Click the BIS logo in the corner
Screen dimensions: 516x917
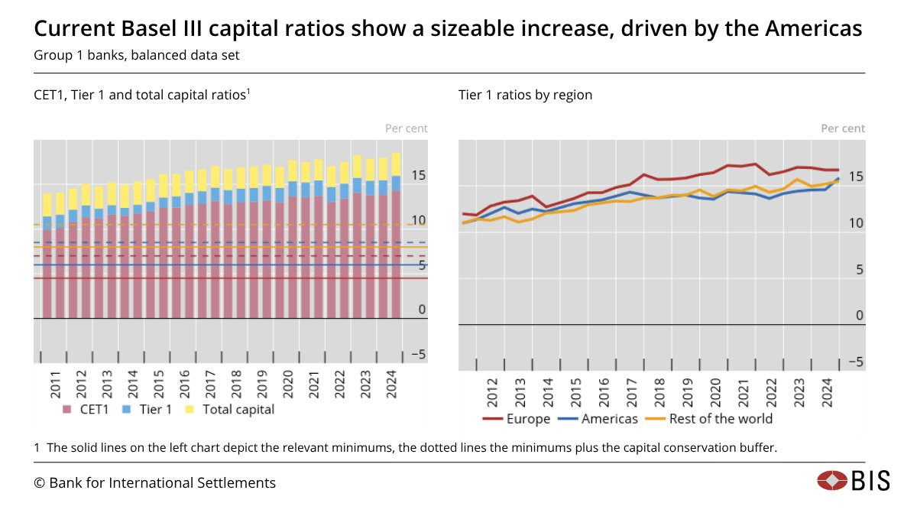[x=854, y=481]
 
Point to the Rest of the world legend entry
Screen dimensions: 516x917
[x=711, y=418]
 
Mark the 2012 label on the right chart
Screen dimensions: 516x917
[x=492, y=393]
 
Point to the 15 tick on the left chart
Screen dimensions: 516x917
[x=418, y=175]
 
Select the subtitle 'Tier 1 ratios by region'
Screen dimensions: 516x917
[x=525, y=95]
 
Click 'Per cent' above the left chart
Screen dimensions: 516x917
[x=406, y=128]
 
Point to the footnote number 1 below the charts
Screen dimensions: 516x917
[x=37, y=448]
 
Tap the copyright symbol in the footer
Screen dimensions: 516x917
[x=39, y=482]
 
